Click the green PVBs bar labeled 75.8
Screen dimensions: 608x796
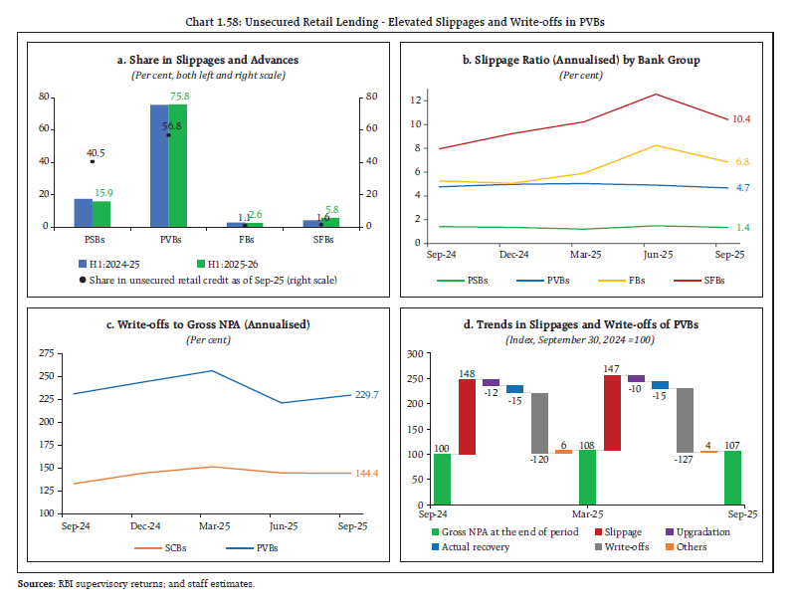point(177,165)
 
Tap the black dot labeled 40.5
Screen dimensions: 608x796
point(93,161)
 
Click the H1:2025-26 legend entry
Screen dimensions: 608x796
point(228,264)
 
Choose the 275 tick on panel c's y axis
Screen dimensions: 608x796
point(45,353)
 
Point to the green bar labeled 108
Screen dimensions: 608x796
point(588,477)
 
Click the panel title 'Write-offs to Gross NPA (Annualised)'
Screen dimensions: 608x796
point(209,325)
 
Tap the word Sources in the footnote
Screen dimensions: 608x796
point(36,583)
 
